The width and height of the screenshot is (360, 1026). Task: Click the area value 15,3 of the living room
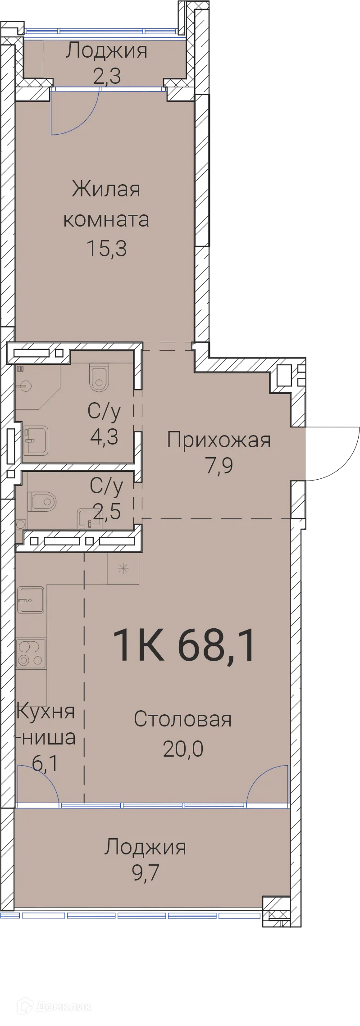click(x=106, y=249)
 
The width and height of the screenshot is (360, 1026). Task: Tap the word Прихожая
click(x=219, y=440)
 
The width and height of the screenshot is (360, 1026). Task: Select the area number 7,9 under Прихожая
click(x=219, y=466)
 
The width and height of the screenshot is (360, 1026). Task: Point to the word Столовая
click(x=182, y=719)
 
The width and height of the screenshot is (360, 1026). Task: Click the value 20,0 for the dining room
click(x=183, y=749)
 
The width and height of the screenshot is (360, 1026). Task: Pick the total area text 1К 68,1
click(x=185, y=645)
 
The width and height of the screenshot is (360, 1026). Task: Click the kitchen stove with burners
click(x=31, y=654)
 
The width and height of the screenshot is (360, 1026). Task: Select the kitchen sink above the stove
click(x=31, y=599)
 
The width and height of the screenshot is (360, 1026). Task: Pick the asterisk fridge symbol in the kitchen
click(x=123, y=569)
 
